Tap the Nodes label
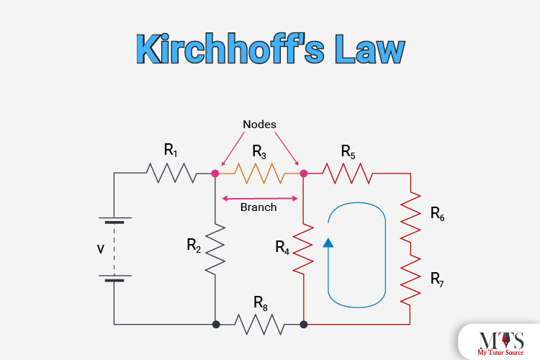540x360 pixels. (259, 125)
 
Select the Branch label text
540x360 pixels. (258, 207)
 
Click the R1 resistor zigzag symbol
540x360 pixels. (171, 173)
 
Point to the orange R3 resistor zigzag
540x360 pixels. (259, 173)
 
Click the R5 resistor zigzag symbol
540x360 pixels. (348, 173)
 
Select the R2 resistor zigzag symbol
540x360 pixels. (215, 248)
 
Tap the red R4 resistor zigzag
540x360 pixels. (304, 248)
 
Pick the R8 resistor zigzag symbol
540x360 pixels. (259, 325)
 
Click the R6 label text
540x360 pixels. (437, 213)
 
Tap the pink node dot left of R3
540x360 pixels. (215, 173)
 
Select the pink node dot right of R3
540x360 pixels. (304, 173)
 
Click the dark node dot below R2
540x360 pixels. (215, 325)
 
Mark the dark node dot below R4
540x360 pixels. (304, 325)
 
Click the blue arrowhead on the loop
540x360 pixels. (328, 243)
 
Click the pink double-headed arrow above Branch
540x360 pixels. (259, 198)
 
